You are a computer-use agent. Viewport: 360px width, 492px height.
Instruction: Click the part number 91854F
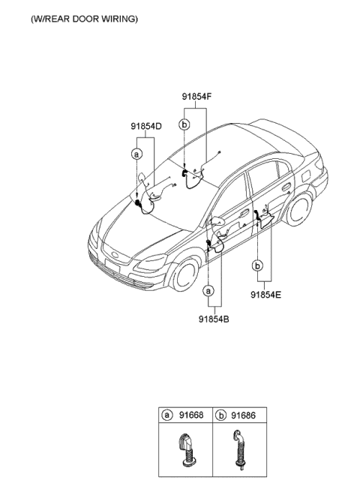(x=196, y=97)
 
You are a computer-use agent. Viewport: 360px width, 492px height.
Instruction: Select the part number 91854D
(x=146, y=126)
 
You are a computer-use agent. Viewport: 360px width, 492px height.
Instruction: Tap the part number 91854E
(x=265, y=295)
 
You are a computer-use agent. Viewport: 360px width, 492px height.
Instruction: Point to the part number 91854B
(x=214, y=319)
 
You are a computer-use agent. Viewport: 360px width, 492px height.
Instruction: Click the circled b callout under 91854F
(x=184, y=125)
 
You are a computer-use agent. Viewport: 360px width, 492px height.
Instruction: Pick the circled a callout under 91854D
(x=136, y=154)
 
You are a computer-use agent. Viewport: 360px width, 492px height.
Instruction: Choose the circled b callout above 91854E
(x=257, y=266)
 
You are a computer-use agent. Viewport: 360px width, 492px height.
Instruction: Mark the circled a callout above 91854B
(x=208, y=291)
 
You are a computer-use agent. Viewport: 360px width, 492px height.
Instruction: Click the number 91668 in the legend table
(x=191, y=415)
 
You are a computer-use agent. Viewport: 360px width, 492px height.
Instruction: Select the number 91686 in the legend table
(x=243, y=415)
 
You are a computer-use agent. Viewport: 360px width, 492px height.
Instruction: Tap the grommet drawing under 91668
(x=187, y=448)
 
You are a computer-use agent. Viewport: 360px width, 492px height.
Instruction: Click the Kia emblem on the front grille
(x=115, y=254)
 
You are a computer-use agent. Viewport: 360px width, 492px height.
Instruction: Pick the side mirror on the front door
(x=217, y=221)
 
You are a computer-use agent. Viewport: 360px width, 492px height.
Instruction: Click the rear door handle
(x=286, y=187)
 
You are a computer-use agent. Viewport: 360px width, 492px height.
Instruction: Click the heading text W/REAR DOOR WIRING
(x=85, y=19)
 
